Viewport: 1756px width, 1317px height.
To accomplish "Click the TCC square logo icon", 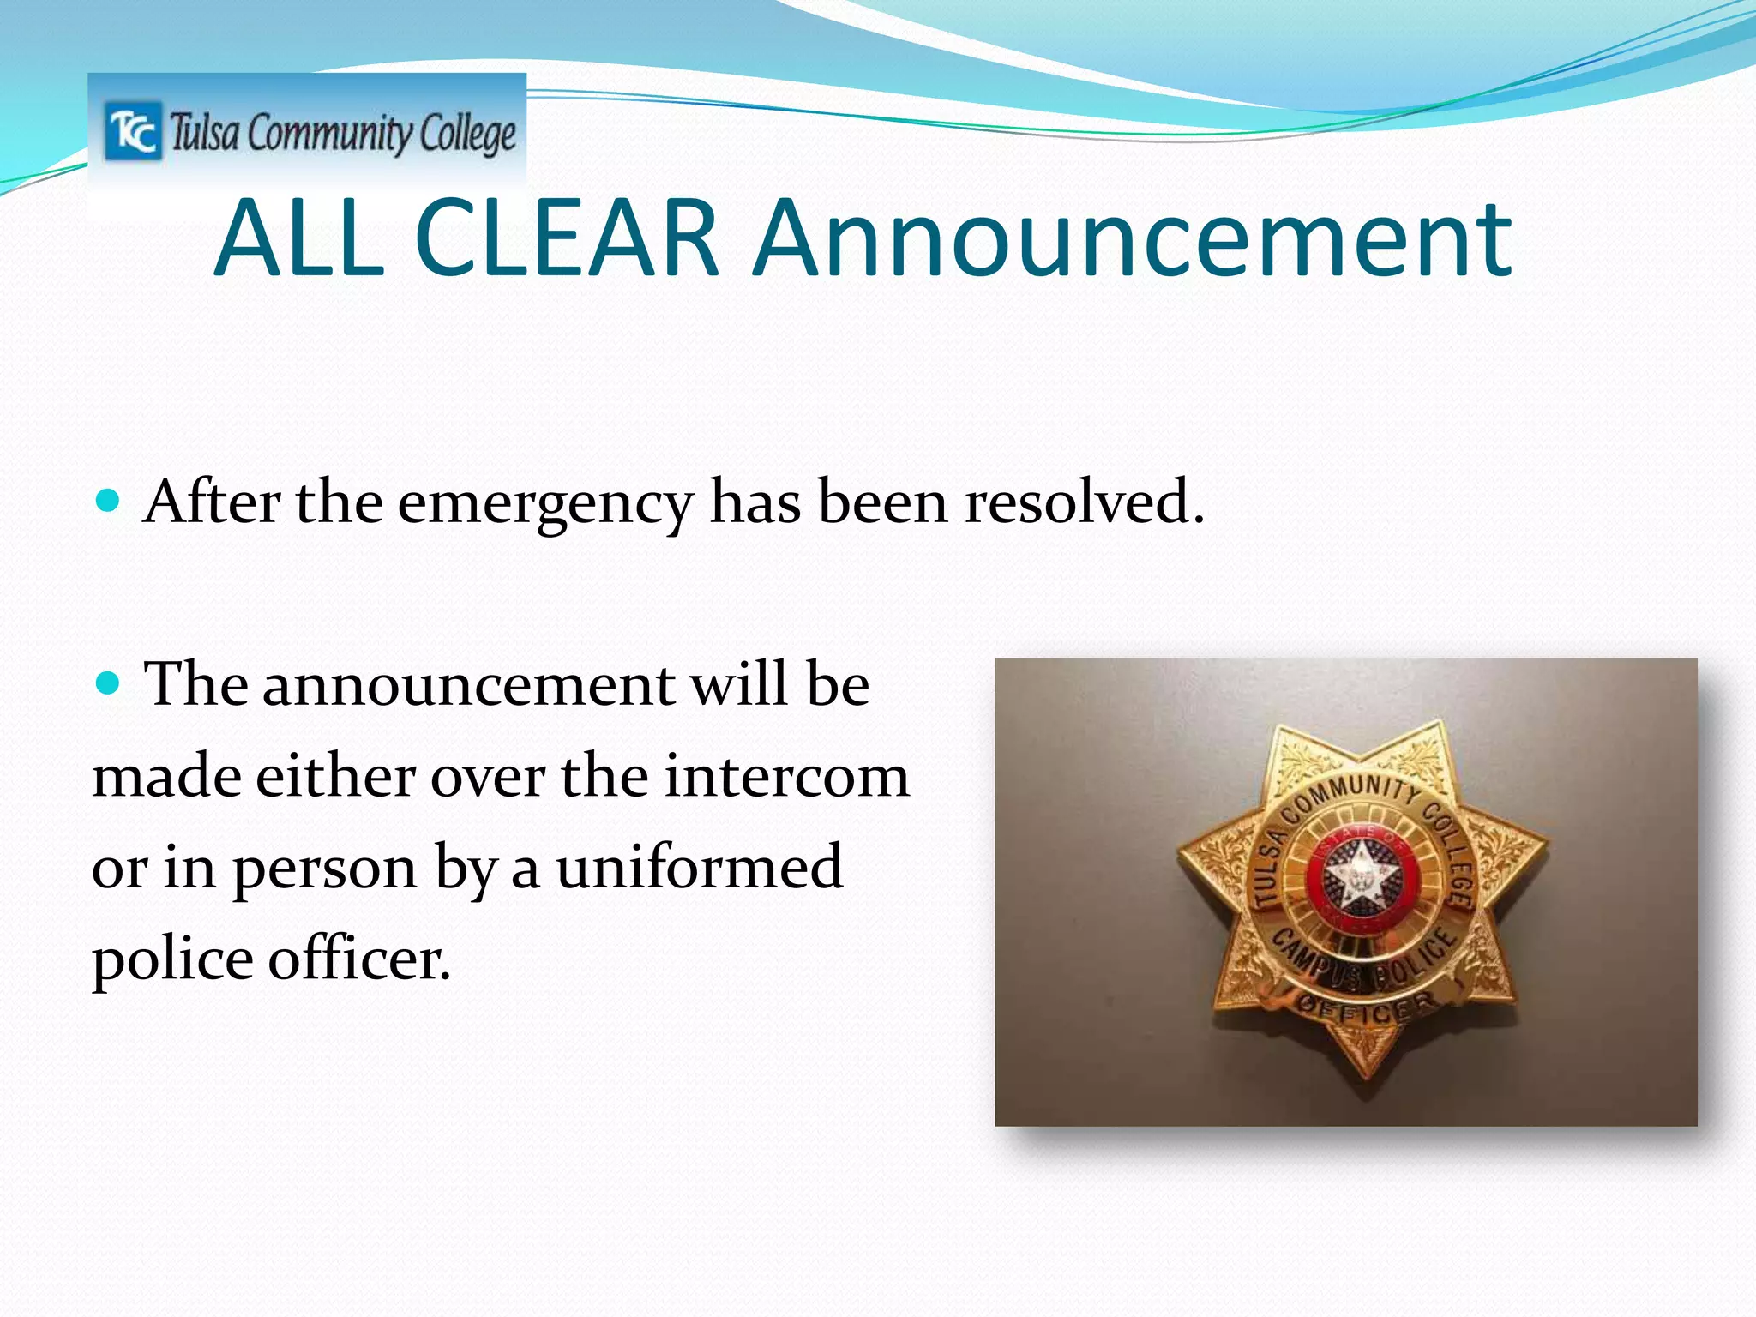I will [133, 131].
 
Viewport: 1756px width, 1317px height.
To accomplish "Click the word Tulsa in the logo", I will [204, 133].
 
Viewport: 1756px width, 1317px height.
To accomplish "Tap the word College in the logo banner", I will [468, 135].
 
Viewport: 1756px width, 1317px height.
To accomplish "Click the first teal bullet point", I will [107, 500].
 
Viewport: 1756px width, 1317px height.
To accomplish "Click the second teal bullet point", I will [107, 683].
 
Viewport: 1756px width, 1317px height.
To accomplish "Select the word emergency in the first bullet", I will [544, 503].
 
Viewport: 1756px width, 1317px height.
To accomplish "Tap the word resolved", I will [1085, 502].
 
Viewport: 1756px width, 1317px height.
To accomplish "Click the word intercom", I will [786, 776].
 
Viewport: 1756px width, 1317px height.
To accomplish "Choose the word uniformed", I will [699, 867].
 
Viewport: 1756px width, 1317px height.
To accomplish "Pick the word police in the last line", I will [171, 959].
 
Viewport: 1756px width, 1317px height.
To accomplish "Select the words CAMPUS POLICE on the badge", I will [1363, 960].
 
